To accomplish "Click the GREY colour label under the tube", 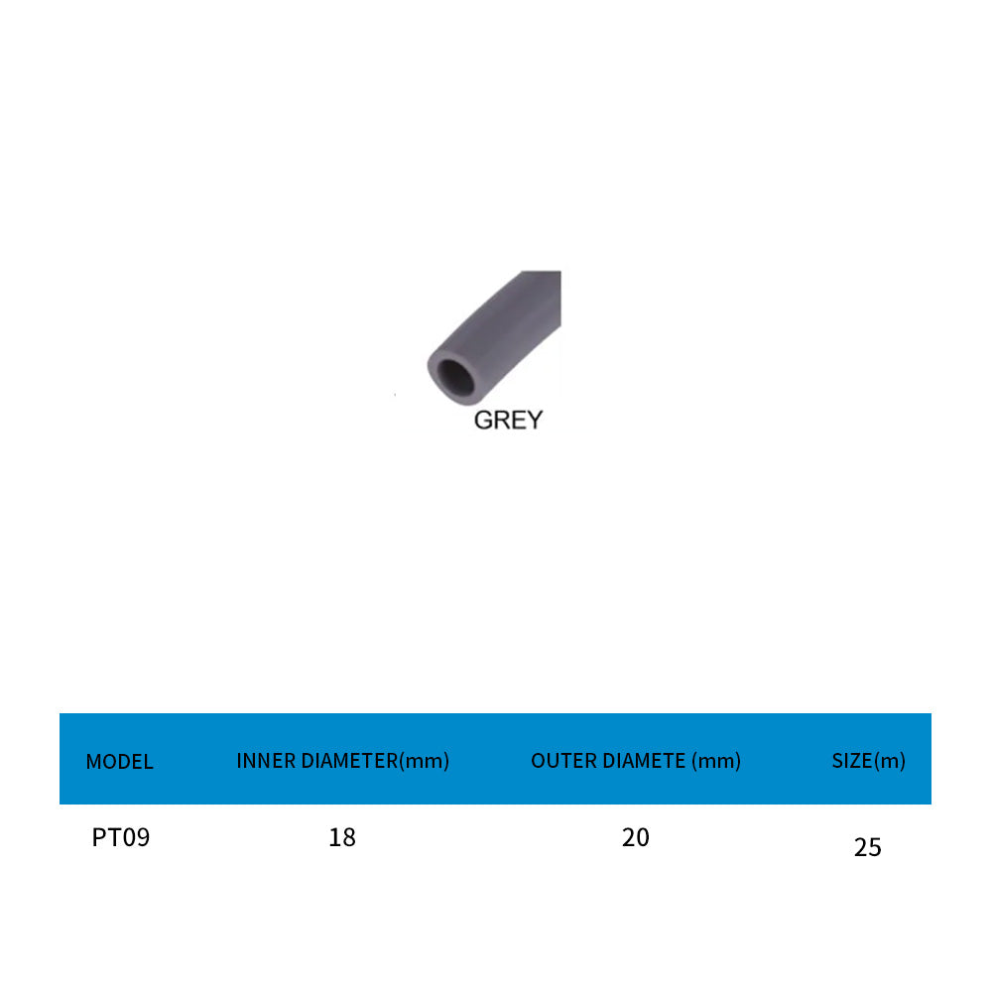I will click(508, 420).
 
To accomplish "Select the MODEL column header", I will click(119, 762).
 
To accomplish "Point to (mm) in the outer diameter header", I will click(717, 761).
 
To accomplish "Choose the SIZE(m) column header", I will click(868, 761).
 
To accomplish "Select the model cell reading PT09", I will click(121, 837).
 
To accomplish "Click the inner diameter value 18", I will click(342, 837).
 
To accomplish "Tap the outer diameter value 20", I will click(636, 837).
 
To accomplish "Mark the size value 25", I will click(867, 847).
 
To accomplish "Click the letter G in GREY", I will click(483, 420).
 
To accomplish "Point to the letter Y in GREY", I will click(534, 420).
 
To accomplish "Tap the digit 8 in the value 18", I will click(348, 837).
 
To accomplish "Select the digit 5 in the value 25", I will click(874, 847).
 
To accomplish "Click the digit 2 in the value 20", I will click(629, 837).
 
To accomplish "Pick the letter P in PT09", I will click(98, 837).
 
